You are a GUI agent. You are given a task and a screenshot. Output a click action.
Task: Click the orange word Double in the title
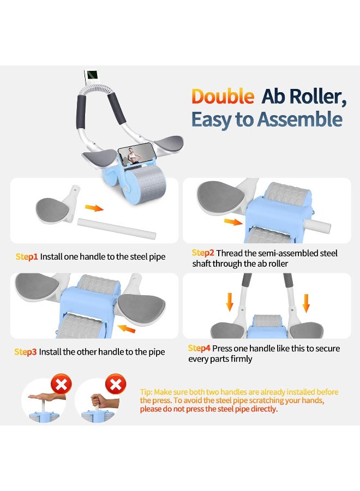tap(223, 96)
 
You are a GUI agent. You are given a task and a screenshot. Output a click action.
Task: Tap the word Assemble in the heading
tap(299, 119)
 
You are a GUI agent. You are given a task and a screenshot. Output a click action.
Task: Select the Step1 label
tap(27, 257)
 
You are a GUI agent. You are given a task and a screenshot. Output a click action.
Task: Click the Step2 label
tap(203, 253)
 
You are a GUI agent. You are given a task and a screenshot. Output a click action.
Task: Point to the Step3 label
tap(26, 352)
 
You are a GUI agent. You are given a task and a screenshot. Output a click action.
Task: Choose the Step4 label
tap(199, 348)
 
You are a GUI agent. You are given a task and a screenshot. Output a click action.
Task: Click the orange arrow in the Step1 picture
tap(94, 208)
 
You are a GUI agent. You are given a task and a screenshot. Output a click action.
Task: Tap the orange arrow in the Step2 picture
tap(233, 222)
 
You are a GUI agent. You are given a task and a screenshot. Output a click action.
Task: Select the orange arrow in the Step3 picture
tap(127, 328)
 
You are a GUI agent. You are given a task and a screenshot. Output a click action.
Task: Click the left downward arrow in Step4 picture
tap(230, 302)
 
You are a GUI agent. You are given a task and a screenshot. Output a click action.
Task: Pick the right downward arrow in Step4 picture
tap(306, 303)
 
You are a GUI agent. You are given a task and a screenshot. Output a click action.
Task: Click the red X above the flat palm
tap(61, 384)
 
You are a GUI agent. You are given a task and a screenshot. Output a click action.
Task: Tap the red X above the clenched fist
tap(116, 384)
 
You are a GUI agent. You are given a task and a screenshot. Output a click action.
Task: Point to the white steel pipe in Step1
tap(116, 229)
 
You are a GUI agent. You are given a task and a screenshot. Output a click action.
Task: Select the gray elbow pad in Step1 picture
tap(52, 210)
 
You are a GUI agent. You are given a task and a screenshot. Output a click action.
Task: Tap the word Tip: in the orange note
tap(147, 392)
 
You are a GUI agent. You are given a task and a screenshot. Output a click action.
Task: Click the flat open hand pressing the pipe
tap(47, 397)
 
